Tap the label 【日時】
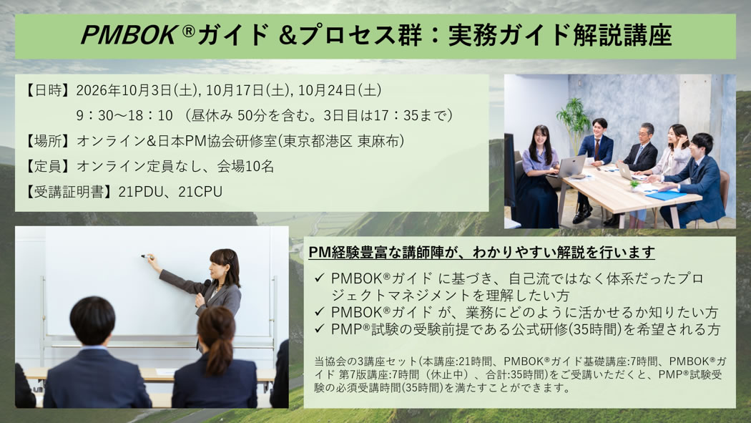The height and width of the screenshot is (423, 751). (x=48, y=90)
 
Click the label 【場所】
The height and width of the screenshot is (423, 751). (x=48, y=141)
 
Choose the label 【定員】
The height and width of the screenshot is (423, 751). (x=48, y=166)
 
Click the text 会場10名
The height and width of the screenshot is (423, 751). (x=246, y=166)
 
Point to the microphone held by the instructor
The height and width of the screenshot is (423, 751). (x=205, y=286)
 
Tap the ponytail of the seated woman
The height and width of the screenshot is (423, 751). (x=220, y=354)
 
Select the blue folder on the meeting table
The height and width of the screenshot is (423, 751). (x=666, y=195)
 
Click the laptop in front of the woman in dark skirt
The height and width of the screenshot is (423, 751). (x=571, y=166)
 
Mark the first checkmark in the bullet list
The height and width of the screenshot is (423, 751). (x=320, y=278)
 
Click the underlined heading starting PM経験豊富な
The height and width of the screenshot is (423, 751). (x=481, y=253)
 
